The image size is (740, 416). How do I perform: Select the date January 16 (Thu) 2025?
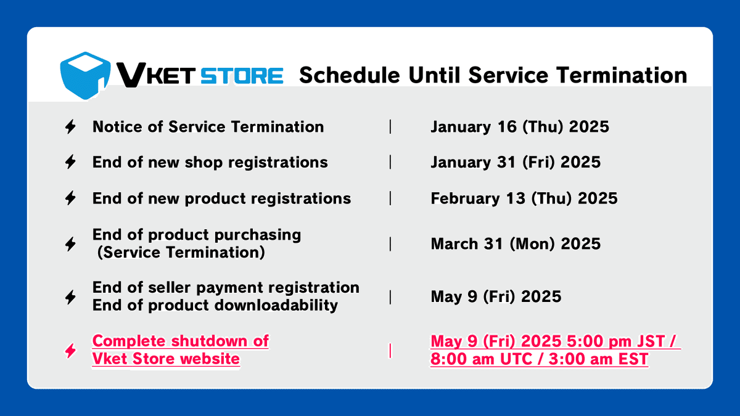519,127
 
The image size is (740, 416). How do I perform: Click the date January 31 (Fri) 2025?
515,163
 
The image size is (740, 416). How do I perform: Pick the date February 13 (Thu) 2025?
524,198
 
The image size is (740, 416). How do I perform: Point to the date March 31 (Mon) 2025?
515,243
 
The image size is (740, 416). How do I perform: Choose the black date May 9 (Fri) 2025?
496,296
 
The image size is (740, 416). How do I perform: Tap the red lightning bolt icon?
71,351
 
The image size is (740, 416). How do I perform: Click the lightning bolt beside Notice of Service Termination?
71,127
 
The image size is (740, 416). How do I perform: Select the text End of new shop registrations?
210,163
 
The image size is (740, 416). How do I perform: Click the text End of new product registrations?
221,198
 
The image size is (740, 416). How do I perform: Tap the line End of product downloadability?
215,305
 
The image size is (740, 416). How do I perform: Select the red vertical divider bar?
390,351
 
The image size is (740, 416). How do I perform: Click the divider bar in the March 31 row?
390,243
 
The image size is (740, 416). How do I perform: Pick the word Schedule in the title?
348,75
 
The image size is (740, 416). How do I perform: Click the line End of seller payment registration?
226,287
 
